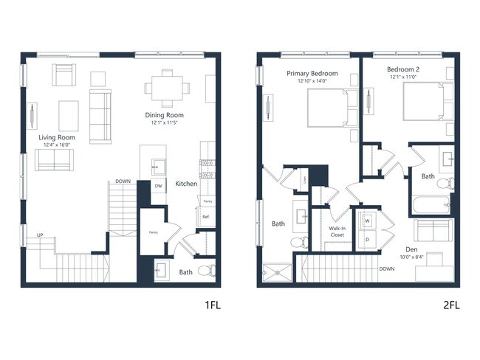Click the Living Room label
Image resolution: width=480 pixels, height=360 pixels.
coord(57,137)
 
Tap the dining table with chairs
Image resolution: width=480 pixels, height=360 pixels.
coord(166,88)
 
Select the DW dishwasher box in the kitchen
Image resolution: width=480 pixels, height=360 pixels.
coord(158,186)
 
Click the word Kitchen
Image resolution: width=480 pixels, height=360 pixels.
coord(185,183)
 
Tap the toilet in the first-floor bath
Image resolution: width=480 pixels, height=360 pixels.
coord(207,269)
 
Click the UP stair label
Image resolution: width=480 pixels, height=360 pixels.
coord(41,235)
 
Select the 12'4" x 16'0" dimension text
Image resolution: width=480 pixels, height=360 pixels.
coord(57,145)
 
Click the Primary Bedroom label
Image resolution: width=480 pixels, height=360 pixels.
coord(313,73)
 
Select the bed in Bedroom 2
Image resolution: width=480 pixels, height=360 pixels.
coord(427,103)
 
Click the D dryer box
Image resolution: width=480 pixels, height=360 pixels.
coord(366,239)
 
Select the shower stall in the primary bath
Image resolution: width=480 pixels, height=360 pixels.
coord(274,272)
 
